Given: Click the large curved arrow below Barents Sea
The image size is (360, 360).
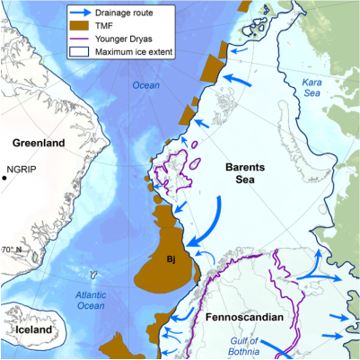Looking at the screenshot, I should [208, 220].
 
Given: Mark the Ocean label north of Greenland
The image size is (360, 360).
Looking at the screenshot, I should [145, 85].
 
